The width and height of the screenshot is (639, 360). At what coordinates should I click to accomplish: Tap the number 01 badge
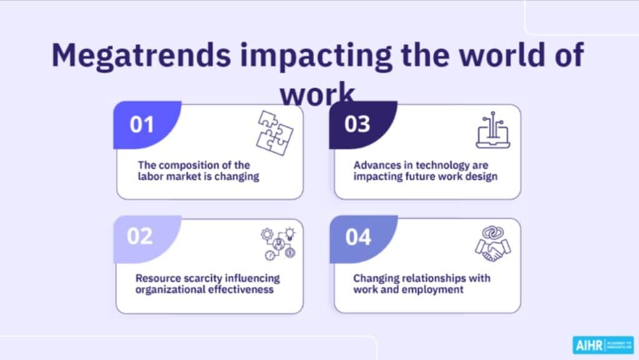tap(142, 125)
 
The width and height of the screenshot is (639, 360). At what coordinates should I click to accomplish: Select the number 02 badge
tap(140, 237)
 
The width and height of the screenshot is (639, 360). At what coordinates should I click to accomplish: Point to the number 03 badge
tap(358, 124)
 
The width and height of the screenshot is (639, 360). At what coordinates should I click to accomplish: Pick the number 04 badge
tap(358, 237)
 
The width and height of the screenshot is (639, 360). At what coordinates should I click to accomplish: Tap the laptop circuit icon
tap(493, 130)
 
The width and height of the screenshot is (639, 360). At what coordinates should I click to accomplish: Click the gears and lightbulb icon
tap(277, 243)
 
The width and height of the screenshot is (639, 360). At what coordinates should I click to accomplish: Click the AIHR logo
tap(603, 345)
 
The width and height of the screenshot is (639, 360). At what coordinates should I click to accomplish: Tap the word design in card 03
tap(481, 177)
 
